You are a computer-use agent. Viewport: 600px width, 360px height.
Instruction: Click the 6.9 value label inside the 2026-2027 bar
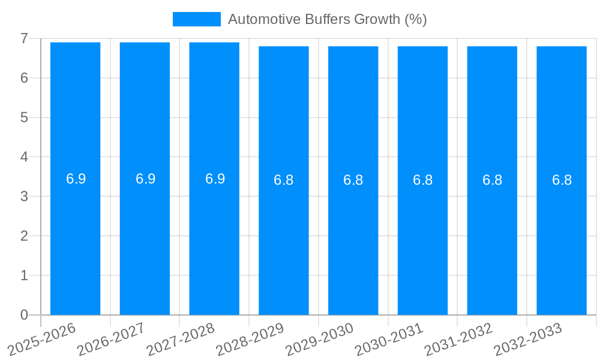145,179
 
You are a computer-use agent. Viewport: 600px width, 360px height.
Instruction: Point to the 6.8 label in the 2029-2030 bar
353,180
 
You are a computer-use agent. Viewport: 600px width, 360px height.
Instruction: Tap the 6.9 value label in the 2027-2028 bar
215,179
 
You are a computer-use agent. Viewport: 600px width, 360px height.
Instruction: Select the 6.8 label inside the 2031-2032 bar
492,180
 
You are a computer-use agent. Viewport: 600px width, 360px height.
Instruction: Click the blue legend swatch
196,19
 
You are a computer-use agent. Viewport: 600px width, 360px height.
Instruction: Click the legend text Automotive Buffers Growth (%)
327,19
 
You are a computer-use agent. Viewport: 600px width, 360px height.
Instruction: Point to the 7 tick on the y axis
24,38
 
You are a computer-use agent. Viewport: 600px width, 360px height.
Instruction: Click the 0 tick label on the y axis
24,315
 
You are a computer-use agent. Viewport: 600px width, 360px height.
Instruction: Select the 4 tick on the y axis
24,157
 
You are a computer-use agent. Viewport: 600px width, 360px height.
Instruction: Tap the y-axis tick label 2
24,236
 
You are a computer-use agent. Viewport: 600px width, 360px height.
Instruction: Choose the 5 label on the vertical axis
24,118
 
